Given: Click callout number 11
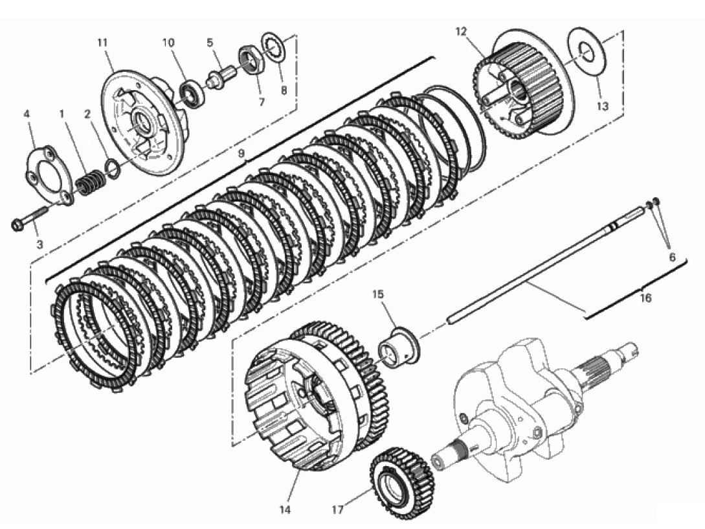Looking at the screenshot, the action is tap(102, 43).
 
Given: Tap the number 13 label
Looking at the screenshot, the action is tap(603, 106).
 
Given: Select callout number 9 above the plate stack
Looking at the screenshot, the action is tap(241, 154).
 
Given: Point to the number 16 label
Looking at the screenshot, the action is tap(645, 298).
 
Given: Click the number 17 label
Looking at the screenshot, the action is tap(338, 510).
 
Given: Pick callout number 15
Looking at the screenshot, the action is tap(378, 294).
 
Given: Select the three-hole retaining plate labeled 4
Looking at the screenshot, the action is tap(49, 173).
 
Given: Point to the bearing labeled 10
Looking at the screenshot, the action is tap(192, 92).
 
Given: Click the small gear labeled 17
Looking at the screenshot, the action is tap(402, 478).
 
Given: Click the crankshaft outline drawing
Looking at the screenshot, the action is tap(534, 405).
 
